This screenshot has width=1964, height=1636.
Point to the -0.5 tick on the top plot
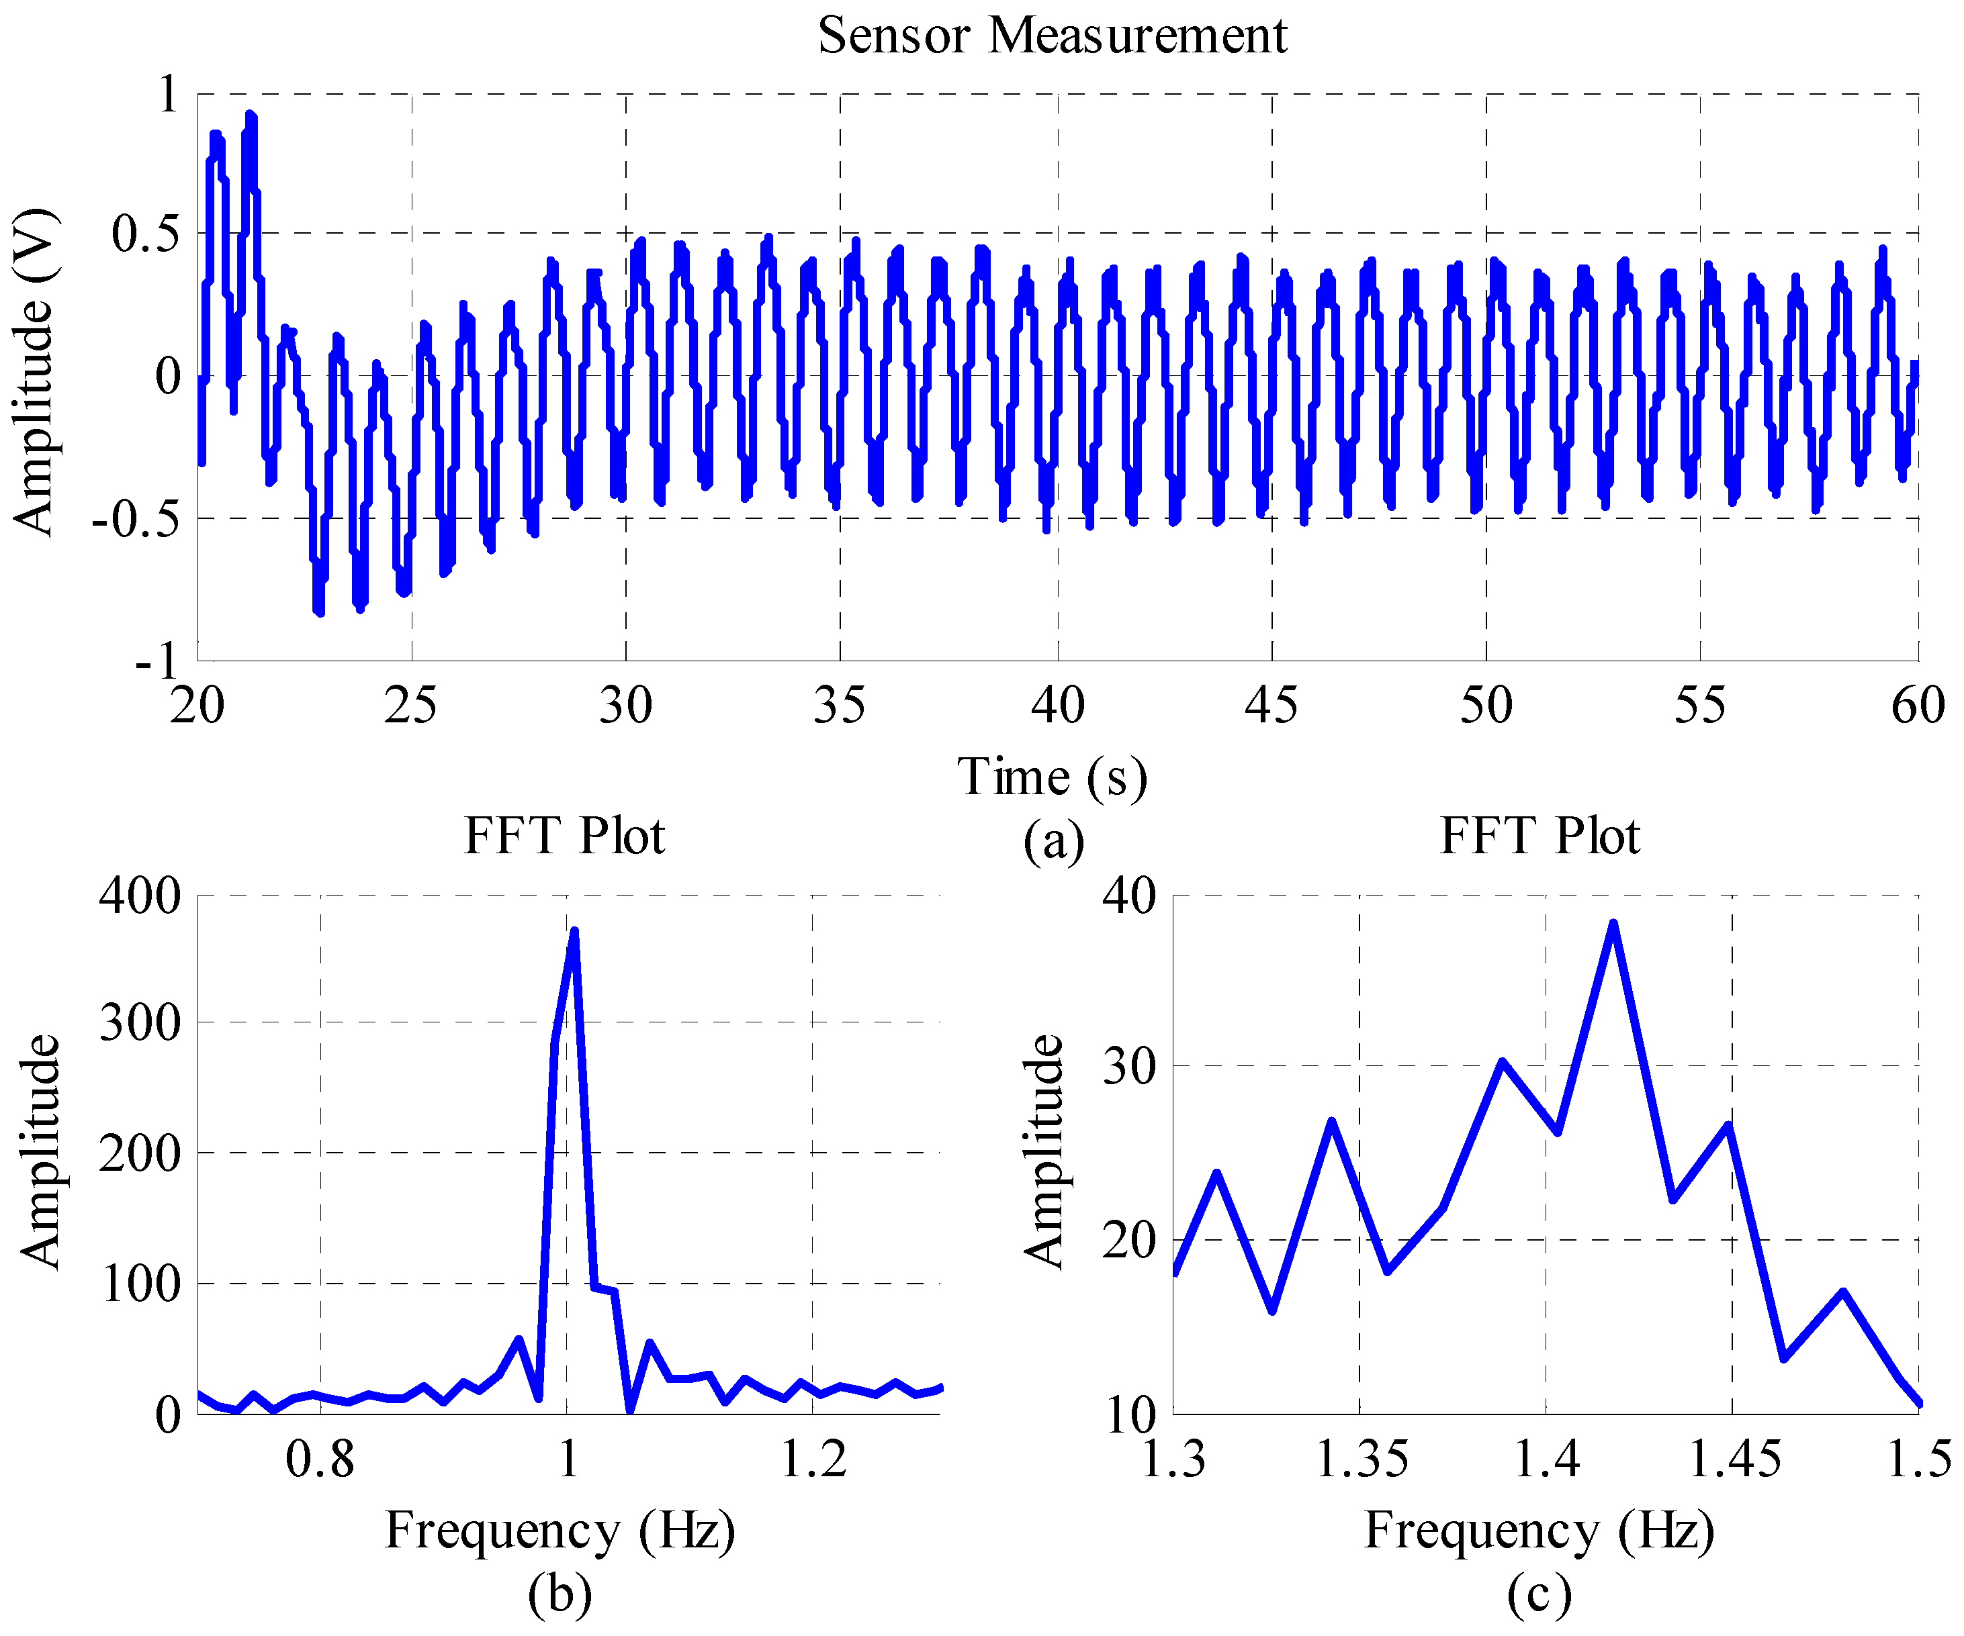(135, 520)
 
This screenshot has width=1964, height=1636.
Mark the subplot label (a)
(1054, 840)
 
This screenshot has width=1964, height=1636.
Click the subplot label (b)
(560, 1594)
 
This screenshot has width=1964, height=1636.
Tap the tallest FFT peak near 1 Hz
(574, 931)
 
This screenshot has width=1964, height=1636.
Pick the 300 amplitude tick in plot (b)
(140, 1022)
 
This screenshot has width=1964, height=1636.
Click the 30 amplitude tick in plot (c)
(1130, 1067)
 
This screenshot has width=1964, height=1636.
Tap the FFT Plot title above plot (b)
(564, 836)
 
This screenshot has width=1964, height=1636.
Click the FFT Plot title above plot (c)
(1539, 836)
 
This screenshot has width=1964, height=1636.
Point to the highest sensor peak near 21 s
(250, 114)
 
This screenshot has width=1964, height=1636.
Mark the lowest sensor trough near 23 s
(319, 612)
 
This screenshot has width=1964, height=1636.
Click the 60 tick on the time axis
(1917, 706)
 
